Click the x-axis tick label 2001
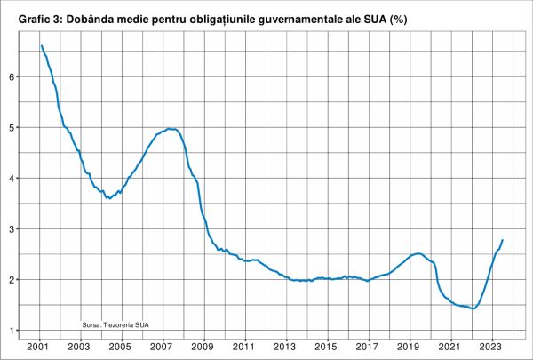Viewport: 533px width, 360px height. click(x=39, y=346)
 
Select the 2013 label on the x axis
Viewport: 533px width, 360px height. click(x=285, y=346)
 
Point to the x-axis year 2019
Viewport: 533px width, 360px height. click(x=409, y=346)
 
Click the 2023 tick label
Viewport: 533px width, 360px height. click(x=490, y=346)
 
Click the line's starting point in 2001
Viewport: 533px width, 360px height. click(x=41, y=46)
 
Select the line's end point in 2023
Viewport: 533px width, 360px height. click(x=503, y=240)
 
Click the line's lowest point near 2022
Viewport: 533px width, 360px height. click(x=473, y=308)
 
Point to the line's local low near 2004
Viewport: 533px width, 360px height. click(x=108, y=198)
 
